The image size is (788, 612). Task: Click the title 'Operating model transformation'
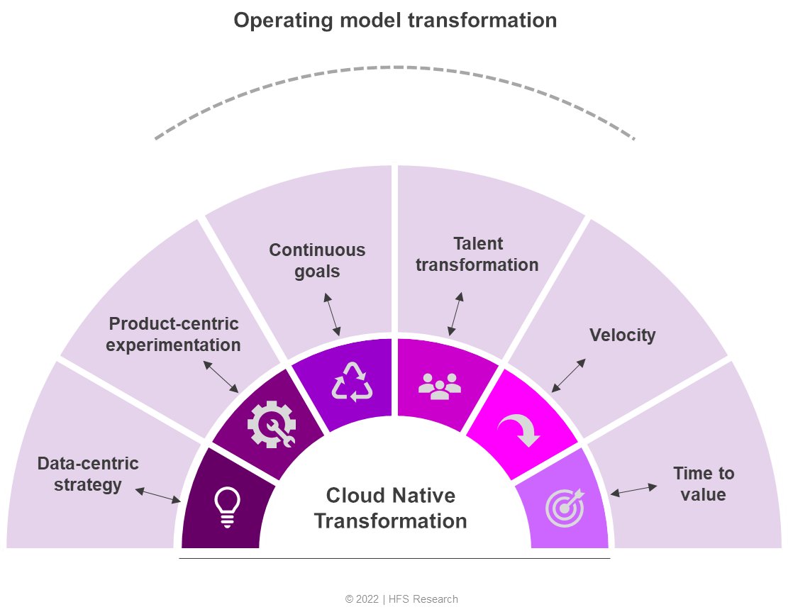(395, 21)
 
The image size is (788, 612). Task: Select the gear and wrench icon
(271, 424)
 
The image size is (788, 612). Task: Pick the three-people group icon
(440, 384)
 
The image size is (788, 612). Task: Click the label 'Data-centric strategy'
(88, 474)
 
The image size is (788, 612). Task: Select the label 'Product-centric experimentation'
(174, 335)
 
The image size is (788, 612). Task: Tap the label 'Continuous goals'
(317, 260)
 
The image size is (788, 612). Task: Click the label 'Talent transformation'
(477, 254)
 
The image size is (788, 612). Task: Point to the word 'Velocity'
(622, 335)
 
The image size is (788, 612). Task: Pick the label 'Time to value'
(703, 484)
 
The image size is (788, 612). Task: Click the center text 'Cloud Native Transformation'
(391, 508)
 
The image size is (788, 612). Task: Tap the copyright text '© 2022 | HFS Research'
(401, 599)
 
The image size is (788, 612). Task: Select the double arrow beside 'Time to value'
(633, 490)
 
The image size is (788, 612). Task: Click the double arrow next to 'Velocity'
(569, 375)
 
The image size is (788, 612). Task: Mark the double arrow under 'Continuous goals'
(333, 317)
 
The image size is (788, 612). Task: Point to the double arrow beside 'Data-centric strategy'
(157, 495)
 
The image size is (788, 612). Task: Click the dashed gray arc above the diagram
(395, 67)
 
